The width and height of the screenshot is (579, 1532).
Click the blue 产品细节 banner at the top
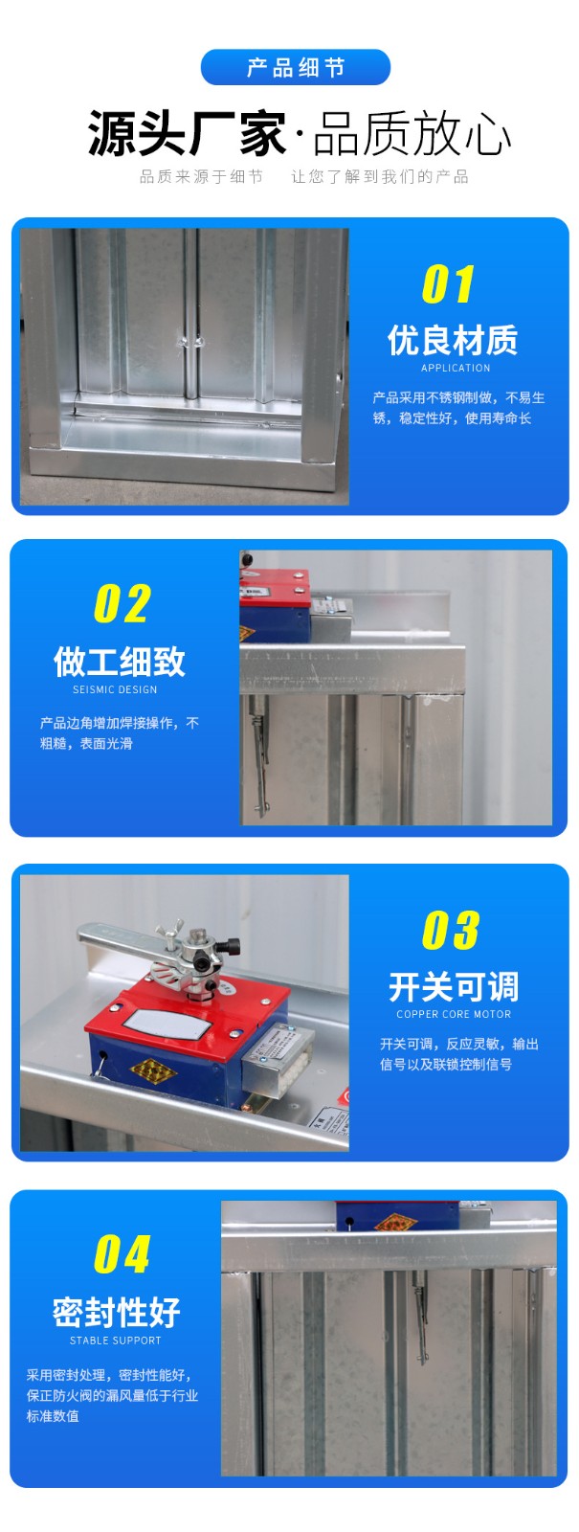[295, 68]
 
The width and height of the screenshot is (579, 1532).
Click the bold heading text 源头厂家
[188, 134]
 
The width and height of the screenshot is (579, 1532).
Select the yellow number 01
[448, 284]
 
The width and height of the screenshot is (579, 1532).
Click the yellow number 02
[122, 604]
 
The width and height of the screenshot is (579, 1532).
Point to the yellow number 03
[450, 930]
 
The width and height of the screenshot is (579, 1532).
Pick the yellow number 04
[122, 1254]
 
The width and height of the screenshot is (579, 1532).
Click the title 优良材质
[453, 340]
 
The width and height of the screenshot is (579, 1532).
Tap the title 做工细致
[119, 662]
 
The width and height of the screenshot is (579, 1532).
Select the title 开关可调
[454, 986]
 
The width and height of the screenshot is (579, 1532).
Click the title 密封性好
[117, 1312]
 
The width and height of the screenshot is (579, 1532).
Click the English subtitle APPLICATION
[456, 368]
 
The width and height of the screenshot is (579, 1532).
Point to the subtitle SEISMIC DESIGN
[115, 689]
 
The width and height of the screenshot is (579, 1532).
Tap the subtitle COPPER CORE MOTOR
[454, 1014]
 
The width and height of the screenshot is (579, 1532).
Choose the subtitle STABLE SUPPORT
[115, 1340]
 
